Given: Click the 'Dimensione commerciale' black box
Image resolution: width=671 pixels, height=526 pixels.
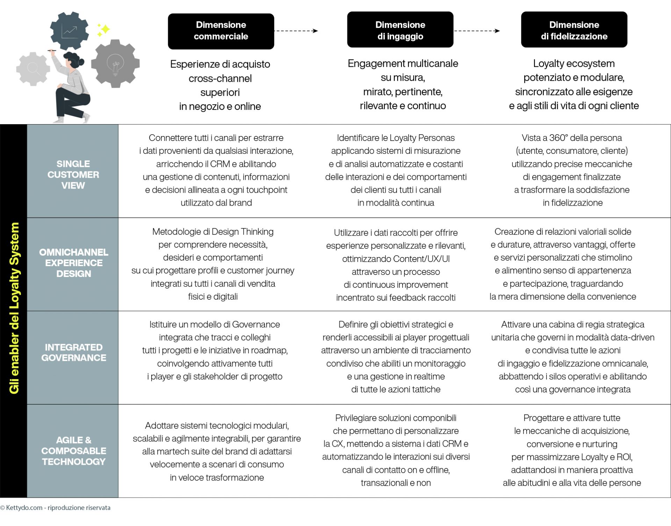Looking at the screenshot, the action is (221, 31).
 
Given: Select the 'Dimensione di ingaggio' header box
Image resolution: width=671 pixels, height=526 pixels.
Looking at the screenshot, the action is (400, 30).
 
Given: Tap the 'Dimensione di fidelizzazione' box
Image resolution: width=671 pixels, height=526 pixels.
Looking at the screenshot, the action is (574, 30).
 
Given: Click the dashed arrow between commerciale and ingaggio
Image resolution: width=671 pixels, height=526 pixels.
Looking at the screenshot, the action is (296, 31).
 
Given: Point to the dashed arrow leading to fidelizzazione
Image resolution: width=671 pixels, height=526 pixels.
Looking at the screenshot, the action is (477, 31).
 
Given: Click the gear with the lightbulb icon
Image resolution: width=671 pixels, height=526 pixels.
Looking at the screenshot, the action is (115, 64).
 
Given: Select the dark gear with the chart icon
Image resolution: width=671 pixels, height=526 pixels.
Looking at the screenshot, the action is (70, 31).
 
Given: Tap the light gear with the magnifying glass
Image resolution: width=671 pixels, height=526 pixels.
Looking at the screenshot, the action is (33, 69).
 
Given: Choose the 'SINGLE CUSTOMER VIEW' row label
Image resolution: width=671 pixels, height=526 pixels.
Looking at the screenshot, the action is (73, 175).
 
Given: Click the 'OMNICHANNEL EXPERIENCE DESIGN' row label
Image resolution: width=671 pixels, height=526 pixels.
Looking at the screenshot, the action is (73, 263).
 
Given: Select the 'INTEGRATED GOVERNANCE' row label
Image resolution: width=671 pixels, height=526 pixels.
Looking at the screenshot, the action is (73, 353).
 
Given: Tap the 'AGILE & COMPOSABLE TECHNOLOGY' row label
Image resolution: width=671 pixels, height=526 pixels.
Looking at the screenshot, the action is (73, 451).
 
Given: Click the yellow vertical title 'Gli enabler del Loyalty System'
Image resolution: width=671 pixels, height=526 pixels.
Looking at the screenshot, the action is (14, 308).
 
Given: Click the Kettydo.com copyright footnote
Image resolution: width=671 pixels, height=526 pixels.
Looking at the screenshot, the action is (55, 507).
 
